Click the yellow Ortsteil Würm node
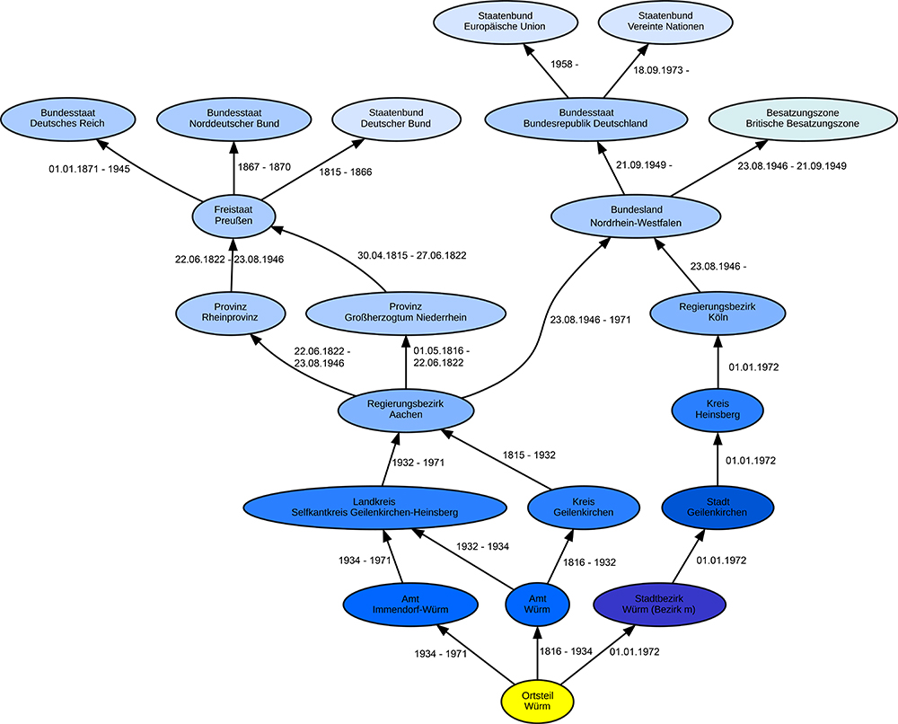coord(537,700)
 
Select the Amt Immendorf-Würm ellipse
coord(397,602)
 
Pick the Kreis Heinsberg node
coord(718,409)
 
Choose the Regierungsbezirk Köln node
coord(718,313)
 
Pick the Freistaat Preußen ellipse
coord(233,216)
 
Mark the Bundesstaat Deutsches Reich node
coord(66,117)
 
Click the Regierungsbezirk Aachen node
coord(406,411)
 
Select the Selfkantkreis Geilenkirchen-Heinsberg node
coord(374,507)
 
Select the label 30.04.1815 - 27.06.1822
coord(411,255)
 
